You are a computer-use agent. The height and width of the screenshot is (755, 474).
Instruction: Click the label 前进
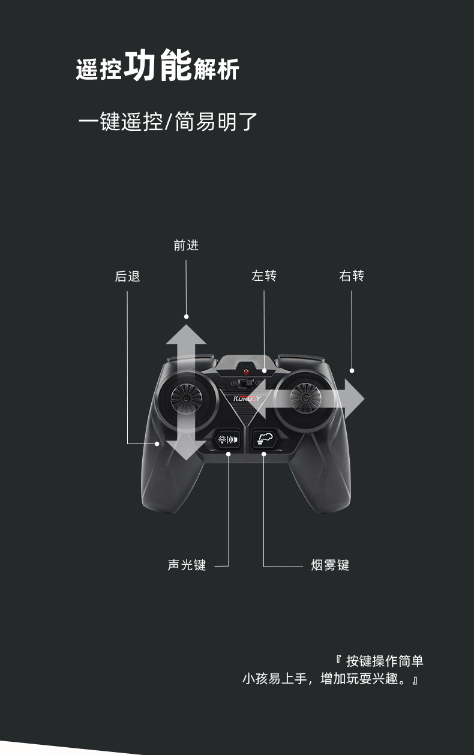[x=186, y=245]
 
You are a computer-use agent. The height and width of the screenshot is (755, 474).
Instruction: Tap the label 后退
[x=127, y=277]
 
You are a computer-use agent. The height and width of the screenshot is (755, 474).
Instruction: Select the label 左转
[x=264, y=276]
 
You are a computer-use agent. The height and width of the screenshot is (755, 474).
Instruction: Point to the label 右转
[x=352, y=276]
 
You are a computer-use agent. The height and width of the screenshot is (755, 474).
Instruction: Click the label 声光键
[x=187, y=565]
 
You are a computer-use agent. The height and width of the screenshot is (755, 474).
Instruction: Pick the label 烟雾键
[x=330, y=565]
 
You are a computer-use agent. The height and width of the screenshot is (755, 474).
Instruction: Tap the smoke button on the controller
[x=263, y=438]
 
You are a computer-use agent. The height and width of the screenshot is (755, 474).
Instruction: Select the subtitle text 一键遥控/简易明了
[x=168, y=122]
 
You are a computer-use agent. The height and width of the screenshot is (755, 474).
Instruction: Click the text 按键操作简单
[x=385, y=661]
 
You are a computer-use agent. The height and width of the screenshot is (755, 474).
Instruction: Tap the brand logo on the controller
[x=247, y=398]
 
